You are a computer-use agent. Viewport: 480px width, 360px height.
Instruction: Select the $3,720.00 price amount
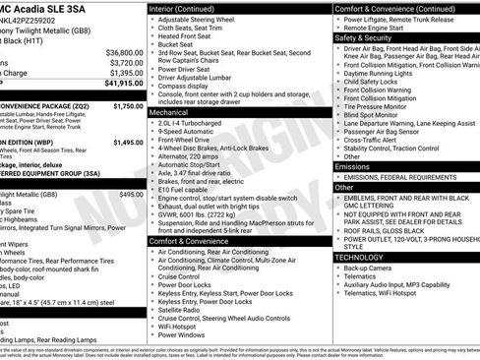point(125,62)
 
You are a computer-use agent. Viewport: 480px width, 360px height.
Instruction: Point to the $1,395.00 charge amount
point(125,73)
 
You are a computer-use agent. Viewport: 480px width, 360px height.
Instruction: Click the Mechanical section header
point(170,113)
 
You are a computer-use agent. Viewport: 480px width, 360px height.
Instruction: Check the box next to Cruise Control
point(152,276)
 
